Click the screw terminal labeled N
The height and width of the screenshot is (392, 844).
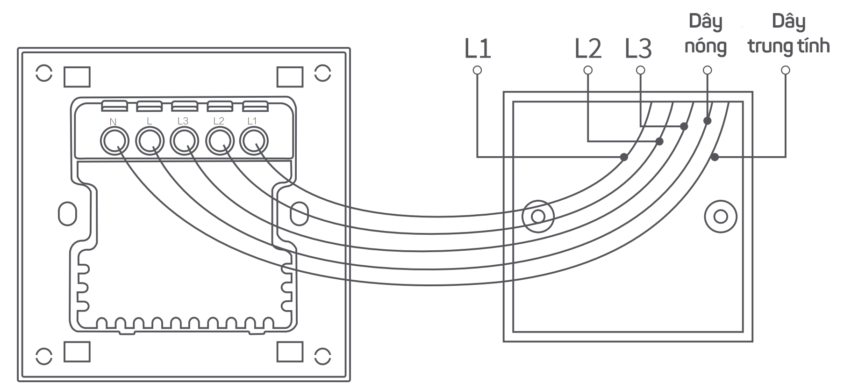114,141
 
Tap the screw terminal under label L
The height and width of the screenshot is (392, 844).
150,141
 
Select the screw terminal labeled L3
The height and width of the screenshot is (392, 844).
184,141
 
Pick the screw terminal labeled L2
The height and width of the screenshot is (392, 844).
220,141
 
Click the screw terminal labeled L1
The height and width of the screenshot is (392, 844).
254,141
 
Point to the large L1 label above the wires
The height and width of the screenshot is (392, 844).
478,48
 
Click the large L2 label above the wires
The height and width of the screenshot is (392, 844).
588,48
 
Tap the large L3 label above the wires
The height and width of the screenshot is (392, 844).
638,48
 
